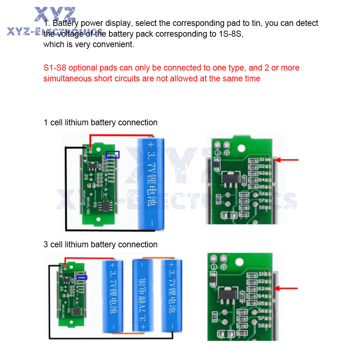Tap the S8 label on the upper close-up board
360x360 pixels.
click(x=262, y=208)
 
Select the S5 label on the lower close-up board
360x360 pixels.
click(x=262, y=303)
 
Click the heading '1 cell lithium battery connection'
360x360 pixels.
click(x=100, y=122)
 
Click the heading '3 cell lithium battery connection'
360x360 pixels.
click(x=100, y=244)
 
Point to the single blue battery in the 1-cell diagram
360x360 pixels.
click(x=150, y=184)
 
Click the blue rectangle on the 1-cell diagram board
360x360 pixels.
click(x=113, y=154)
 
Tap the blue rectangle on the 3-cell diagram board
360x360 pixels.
click(x=82, y=277)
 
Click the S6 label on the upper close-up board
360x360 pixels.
click(x=262, y=194)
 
